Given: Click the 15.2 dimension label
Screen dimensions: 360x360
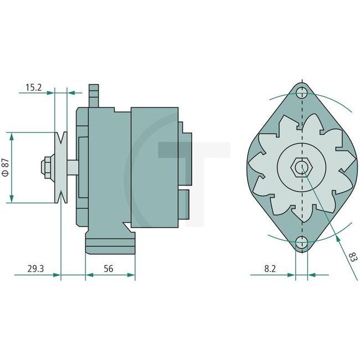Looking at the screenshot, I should coord(33,87).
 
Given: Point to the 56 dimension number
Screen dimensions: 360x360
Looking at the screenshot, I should coord(109,269).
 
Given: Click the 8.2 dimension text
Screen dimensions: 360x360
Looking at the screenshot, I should coord(270,269).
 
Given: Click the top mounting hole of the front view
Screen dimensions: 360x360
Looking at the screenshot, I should coord(302,92).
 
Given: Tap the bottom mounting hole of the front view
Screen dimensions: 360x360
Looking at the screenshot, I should coord(302,242).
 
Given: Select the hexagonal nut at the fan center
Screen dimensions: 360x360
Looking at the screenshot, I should coord(301,167).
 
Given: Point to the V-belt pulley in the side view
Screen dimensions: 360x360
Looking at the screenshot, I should coord(60,167).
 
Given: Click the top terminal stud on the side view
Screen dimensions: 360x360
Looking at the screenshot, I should coord(94,95).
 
